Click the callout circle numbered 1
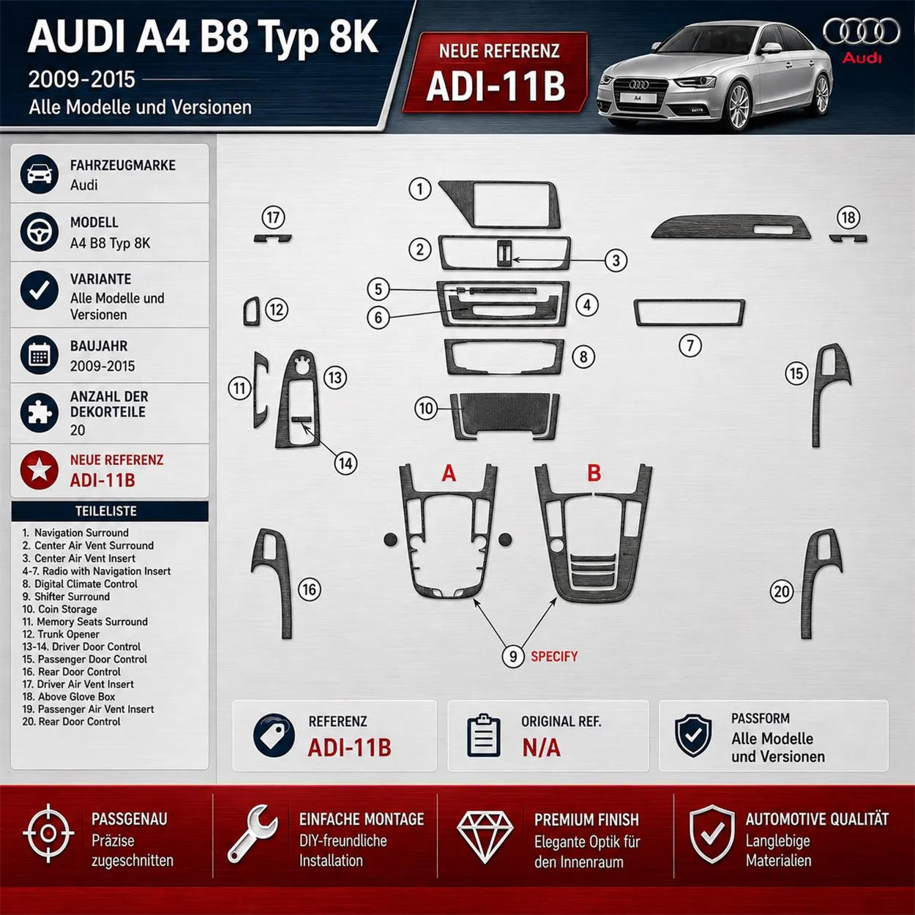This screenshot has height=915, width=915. (x=419, y=189)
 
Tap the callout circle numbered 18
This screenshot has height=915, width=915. (x=848, y=218)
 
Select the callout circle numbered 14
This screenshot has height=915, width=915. (x=346, y=463)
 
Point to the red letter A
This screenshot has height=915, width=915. (x=449, y=473)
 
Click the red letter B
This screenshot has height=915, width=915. (x=594, y=473)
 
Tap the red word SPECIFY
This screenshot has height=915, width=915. (x=554, y=657)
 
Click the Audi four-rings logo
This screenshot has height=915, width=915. (x=862, y=31)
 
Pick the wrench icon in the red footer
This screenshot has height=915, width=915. (x=252, y=834)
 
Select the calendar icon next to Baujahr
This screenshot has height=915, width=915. (x=40, y=355)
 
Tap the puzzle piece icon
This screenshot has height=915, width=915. (x=40, y=412)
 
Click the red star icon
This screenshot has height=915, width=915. (x=40, y=470)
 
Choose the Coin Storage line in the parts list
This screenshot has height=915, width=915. (x=59, y=609)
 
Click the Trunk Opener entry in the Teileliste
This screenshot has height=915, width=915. (x=61, y=635)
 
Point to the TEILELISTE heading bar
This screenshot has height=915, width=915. (x=110, y=512)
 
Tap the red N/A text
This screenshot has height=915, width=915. (x=541, y=748)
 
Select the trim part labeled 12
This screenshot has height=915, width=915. (x=252, y=312)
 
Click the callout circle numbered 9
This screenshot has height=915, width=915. (x=513, y=657)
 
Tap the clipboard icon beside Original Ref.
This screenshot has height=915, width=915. (x=483, y=736)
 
